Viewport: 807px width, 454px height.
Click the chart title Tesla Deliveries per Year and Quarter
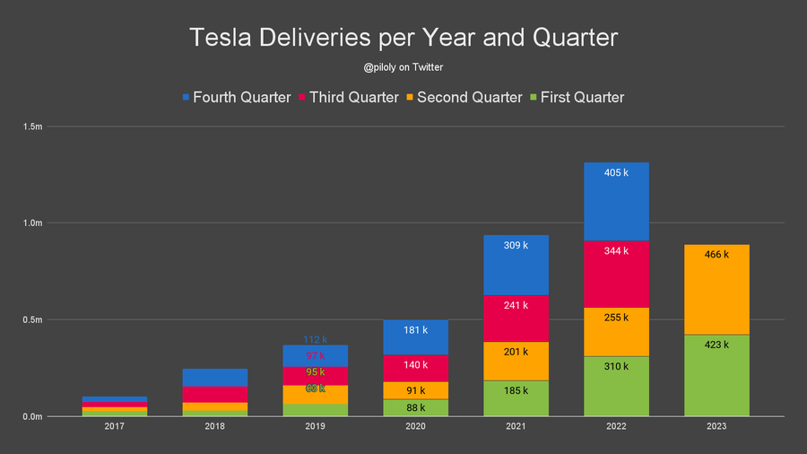(403, 38)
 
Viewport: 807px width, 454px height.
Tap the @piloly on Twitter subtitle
(403, 66)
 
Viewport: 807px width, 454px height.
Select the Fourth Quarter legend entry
(236, 97)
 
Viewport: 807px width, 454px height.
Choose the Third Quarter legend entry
(347, 97)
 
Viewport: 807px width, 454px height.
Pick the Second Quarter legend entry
(463, 97)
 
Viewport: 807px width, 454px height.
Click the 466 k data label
(716, 255)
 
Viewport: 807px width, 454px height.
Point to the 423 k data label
(716, 345)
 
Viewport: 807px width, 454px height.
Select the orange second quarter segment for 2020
(415, 390)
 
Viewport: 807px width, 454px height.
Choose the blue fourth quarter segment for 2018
(214, 377)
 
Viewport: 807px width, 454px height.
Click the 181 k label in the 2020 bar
(415, 330)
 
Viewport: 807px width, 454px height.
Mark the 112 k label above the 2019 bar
(315, 340)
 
